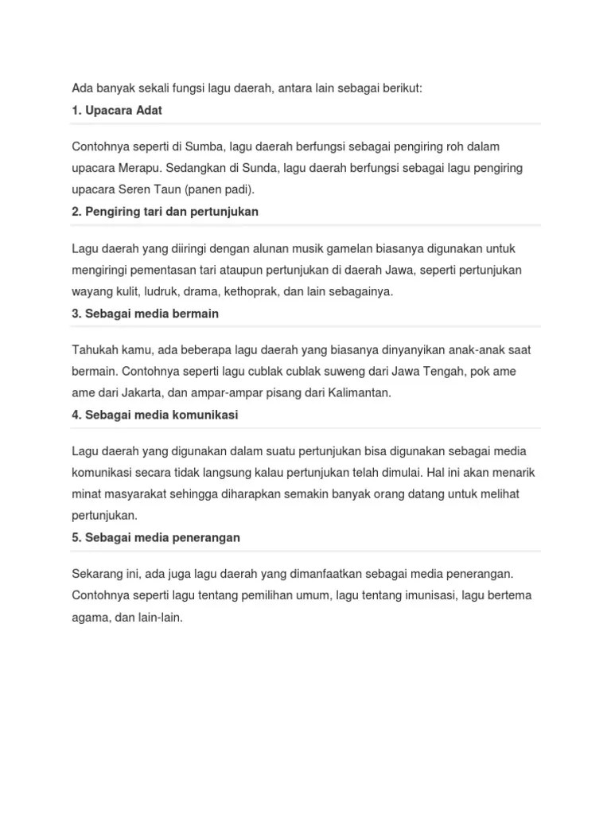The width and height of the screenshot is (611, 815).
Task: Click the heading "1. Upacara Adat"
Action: [x=116, y=111]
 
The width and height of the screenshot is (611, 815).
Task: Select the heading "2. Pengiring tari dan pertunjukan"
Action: [x=165, y=212]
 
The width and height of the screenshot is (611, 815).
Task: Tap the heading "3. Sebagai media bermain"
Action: [x=145, y=314]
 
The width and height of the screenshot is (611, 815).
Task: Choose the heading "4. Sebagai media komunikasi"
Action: [x=154, y=415]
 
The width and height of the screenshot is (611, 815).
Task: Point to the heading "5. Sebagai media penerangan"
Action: [x=155, y=537]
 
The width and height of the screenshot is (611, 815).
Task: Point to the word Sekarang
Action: [x=98, y=574]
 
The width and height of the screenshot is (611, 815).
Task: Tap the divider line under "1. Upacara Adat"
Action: [x=305, y=124]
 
